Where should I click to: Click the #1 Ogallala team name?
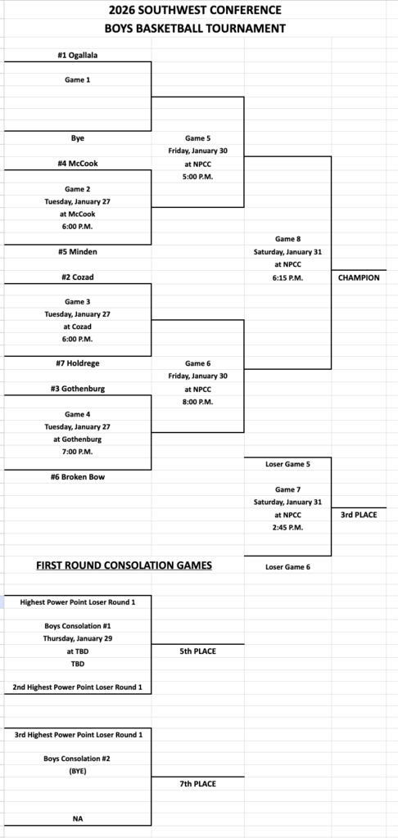[x=78, y=56]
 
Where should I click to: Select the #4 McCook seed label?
[x=78, y=163]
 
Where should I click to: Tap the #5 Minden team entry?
[x=78, y=252]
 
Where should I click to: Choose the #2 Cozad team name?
[x=78, y=277]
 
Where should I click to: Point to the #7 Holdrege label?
[x=78, y=363]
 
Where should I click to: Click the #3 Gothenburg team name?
[x=78, y=389]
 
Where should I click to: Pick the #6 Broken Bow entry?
[x=78, y=477]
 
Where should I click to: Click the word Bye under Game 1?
[x=78, y=138]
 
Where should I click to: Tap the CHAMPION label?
[x=359, y=277]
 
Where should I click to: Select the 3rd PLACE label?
[x=359, y=516]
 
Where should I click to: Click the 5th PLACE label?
[x=197, y=651]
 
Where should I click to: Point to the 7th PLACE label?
[x=197, y=783]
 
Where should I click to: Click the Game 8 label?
[x=287, y=238]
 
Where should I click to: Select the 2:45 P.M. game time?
[x=287, y=528]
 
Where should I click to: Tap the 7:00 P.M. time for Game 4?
[x=78, y=452]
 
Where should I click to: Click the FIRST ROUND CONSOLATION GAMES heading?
[x=123, y=565]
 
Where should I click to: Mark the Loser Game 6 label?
[x=287, y=566]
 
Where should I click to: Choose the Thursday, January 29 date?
[x=78, y=638]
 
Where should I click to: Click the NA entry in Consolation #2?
[x=78, y=818]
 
